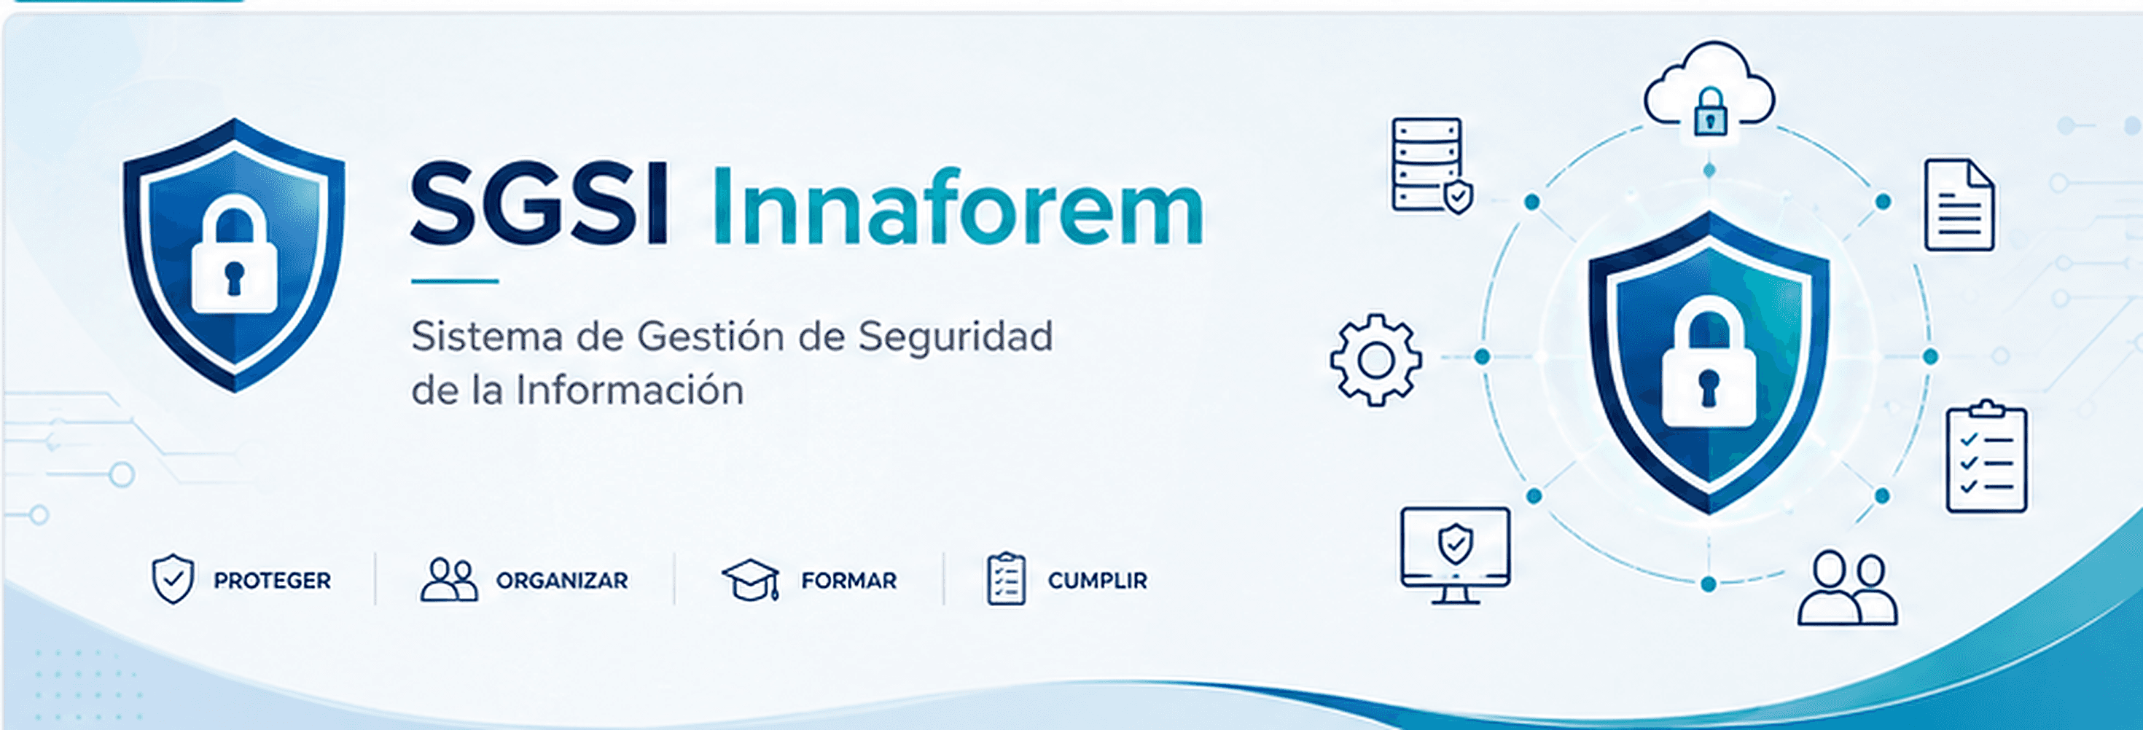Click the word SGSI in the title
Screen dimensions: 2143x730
coord(539,205)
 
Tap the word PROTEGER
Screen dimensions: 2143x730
coord(272,581)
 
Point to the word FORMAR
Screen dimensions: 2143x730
coord(848,581)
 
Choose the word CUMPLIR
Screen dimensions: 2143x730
coord(1097,581)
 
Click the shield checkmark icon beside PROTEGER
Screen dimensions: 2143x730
coord(173,578)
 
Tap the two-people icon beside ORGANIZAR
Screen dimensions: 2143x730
coord(449,579)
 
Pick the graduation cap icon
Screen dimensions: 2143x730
coord(750,578)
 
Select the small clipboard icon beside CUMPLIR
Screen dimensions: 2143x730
coord(1006,578)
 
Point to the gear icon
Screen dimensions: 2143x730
coord(1376,360)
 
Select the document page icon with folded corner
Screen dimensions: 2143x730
coord(1959,205)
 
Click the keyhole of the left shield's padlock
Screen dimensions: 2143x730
coord(234,277)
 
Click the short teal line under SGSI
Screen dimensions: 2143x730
coord(455,281)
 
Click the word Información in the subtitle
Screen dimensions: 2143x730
coord(630,390)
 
